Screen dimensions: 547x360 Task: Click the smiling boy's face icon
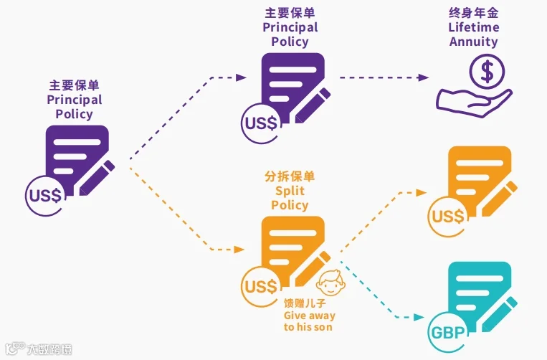pyautogui.click(x=330, y=283)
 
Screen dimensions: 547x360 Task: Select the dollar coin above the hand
pyautogui.click(x=487, y=72)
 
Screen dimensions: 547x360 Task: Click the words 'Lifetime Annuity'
pyautogui.click(x=473, y=34)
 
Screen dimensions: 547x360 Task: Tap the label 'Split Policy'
pyautogui.click(x=290, y=198)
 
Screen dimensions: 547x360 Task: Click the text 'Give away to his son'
pyautogui.click(x=309, y=321)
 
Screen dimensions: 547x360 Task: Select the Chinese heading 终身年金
pyautogui.click(x=473, y=13)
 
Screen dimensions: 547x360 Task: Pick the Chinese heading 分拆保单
pyautogui.click(x=290, y=176)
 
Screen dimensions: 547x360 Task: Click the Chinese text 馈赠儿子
pyautogui.click(x=305, y=303)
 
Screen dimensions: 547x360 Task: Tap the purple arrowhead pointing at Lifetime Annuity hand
pyautogui.click(x=423, y=77)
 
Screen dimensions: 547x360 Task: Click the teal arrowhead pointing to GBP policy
pyautogui.click(x=419, y=317)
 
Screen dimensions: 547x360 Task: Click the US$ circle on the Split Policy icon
pyautogui.click(x=261, y=286)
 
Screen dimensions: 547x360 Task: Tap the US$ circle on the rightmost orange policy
pyautogui.click(x=448, y=217)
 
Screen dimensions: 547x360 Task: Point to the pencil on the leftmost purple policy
pyautogui.click(x=97, y=178)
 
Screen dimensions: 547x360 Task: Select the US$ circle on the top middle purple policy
pyautogui.click(x=261, y=123)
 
